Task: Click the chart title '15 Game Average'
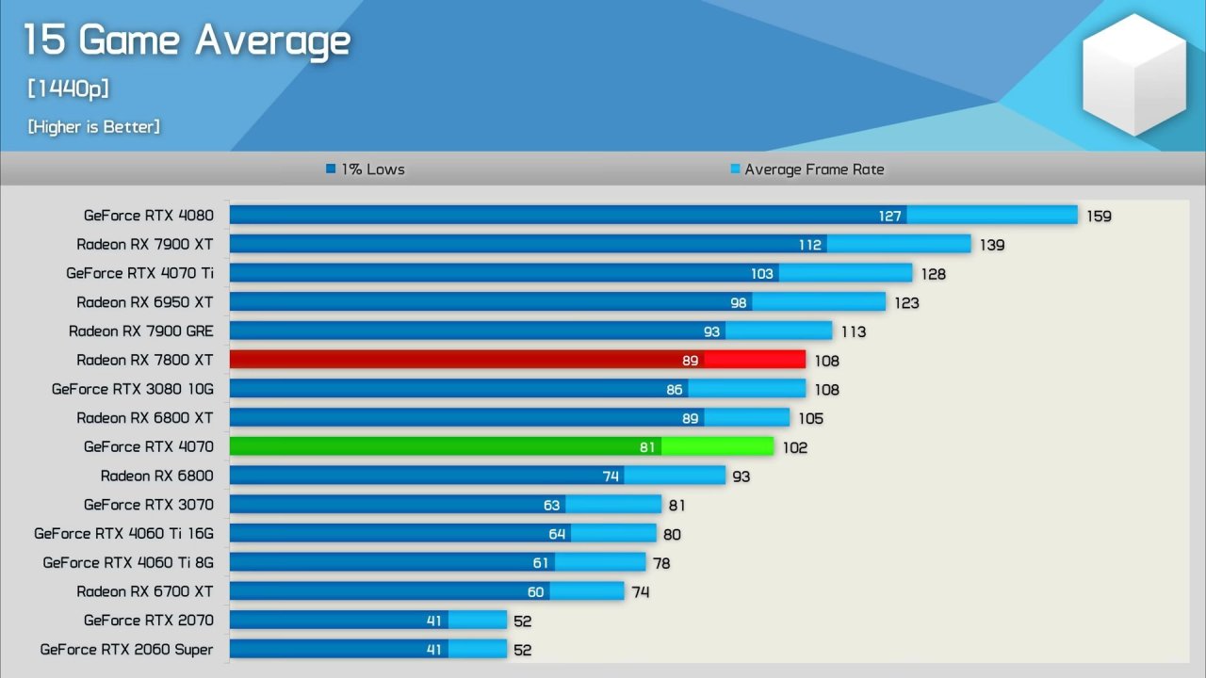187,40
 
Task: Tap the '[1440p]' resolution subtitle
68,89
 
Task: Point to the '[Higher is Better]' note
93,126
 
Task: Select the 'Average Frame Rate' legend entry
807,169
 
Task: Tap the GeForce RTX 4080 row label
149,216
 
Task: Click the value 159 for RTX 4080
1099,216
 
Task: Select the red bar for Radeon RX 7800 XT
517,360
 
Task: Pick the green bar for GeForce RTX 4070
501,446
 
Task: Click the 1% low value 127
890,216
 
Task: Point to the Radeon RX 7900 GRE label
141,331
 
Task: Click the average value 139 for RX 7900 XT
992,245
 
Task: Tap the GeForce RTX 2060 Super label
127,650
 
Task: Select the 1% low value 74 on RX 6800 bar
611,476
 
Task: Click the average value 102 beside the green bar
794,447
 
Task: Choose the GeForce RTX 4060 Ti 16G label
124,534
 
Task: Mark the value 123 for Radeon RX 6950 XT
906,303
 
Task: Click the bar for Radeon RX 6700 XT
426,591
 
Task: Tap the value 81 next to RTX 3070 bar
676,506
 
